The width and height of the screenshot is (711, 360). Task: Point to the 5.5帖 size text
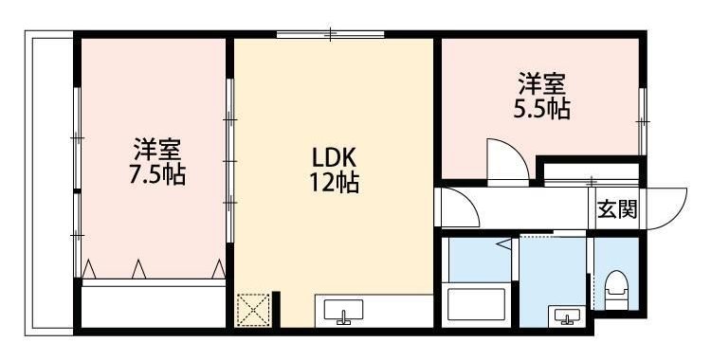tap(541, 110)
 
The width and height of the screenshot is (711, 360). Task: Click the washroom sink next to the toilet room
tap(568, 315)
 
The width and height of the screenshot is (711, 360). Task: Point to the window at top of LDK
tap(330, 35)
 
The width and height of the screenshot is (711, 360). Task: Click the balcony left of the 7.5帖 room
tap(49, 180)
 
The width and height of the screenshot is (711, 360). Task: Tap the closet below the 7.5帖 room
tap(153, 303)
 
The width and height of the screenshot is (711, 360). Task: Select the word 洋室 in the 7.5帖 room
tap(156, 149)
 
